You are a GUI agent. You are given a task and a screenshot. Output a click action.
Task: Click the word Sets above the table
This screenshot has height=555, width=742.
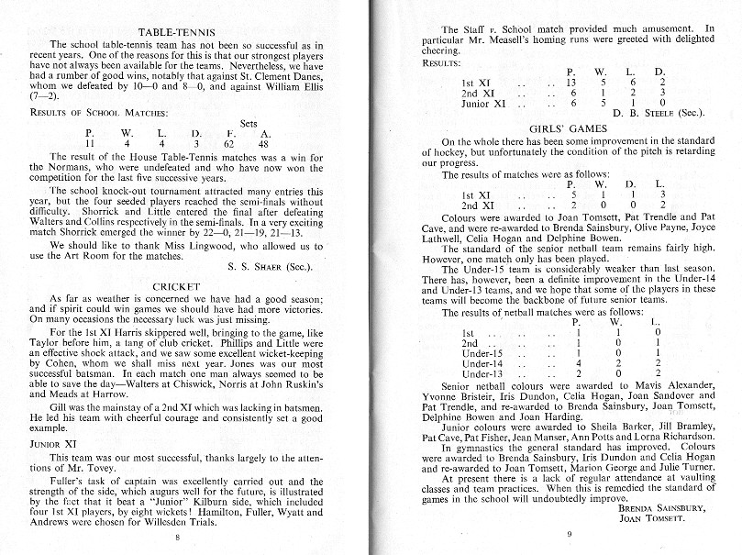[248, 122]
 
